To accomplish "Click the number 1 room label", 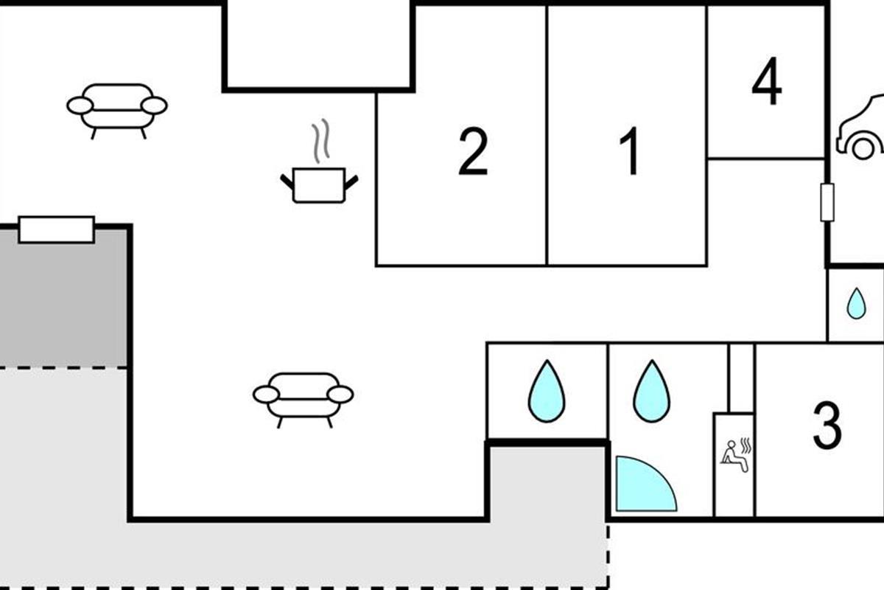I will pyautogui.click(x=631, y=151).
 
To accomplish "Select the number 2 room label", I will pyautogui.click(x=472, y=152).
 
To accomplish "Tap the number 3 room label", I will pyautogui.click(x=827, y=426).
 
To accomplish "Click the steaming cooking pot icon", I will pyautogui.click(x=319, y=184).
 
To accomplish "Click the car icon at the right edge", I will pyautogui.click(x=862, y=129).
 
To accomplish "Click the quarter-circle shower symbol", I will pyautogui.click(x=641, y=487).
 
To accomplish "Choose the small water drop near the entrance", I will pyautogui.click(x=855, y=304).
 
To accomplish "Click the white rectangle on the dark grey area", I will pyautogui.click(x=57, y=229).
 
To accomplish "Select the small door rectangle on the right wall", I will pyautogui.click(x=827, y=202).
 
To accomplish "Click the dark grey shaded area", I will pyautogui.click(x=63, y=302).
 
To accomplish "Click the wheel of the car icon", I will pyautogui.click(x=863, y=147).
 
